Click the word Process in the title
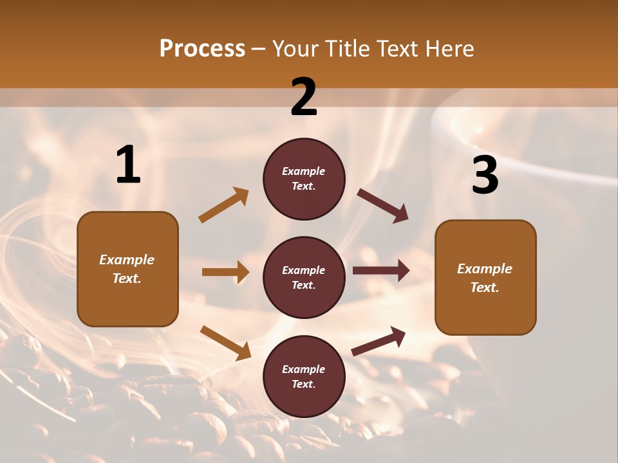point(202,49)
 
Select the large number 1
point(128,165)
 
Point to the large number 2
point(304,97)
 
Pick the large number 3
point(485,175)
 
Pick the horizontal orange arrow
point(225,272)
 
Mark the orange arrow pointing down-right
point(225,342)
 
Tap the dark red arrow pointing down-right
point(383,206)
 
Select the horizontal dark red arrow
point(381,271)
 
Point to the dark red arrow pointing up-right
point(379,341)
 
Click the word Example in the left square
point(127,260)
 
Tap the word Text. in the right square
point(485,287)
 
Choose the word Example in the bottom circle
point(304,369)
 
